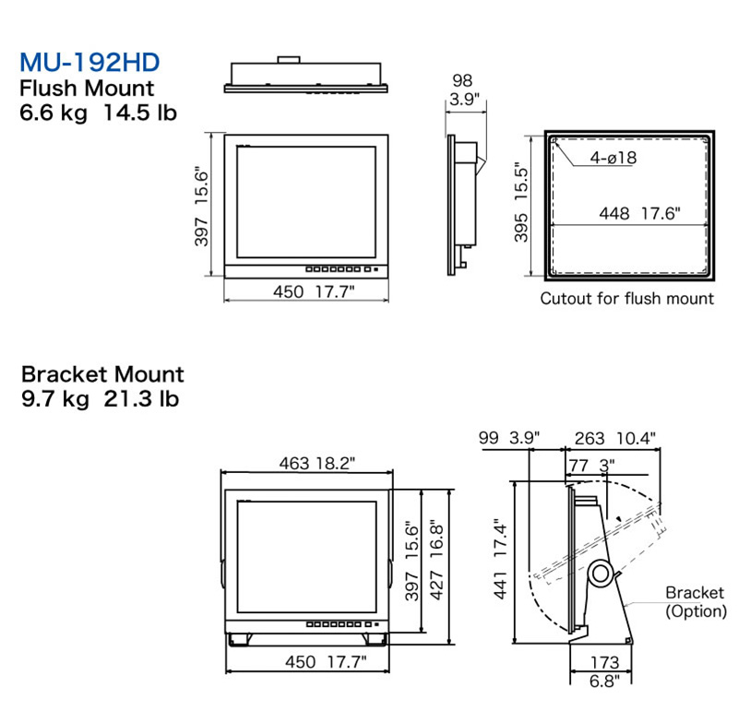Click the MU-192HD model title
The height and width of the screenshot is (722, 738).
point(89,62)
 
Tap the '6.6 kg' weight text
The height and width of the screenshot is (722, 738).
point(54,112)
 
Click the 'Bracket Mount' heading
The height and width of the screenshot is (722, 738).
point(102,374)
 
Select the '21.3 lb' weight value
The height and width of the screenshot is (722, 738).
point(141,399)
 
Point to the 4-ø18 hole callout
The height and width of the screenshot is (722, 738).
point(613,158)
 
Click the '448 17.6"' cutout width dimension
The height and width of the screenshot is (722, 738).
point(639,214)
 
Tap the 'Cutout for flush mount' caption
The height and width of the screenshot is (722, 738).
point(627,299)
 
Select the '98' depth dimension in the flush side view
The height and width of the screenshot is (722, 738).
point(462,80)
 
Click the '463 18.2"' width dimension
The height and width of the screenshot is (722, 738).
point(317,464)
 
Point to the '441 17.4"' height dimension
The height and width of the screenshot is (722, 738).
point(500,559)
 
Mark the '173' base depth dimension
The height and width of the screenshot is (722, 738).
point(605,663)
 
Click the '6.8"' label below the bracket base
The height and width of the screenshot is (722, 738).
point(604,681)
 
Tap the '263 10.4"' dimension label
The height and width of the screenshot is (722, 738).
point(614,439)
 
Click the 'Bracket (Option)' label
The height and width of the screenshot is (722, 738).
point(696,601)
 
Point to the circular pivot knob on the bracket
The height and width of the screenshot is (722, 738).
point(601,574)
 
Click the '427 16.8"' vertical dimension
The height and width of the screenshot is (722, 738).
point(436,560)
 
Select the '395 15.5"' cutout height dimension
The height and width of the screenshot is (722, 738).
point(521,203)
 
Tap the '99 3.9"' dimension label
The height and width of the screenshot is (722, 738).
point(509,438)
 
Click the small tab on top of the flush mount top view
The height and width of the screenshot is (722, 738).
point(289,60)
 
